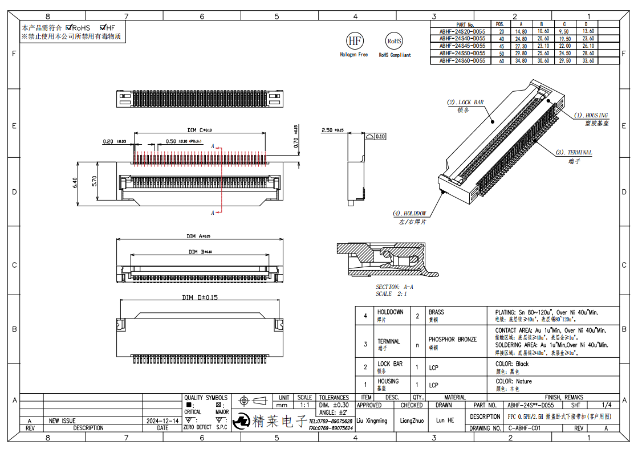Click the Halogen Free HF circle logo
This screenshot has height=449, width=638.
coord(355,41)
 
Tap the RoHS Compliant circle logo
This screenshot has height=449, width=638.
coord(395,41)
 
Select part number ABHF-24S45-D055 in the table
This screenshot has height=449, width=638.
coord(462,46)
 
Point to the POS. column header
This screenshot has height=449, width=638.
coord(500,25)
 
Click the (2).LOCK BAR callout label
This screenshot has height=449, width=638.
coord(465,103)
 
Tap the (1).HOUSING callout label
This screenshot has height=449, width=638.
coord(591,116)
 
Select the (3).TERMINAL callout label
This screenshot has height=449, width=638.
coord(574,153)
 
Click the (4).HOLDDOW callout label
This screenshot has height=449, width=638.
coord(409,214)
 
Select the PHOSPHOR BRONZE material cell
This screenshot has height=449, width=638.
coord(452,340)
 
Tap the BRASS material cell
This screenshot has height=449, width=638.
coord(436,312)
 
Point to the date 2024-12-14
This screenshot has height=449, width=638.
coord(162,421)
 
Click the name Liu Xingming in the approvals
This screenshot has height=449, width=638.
coord(372,421)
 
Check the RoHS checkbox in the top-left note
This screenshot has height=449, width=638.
coord(70,27)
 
